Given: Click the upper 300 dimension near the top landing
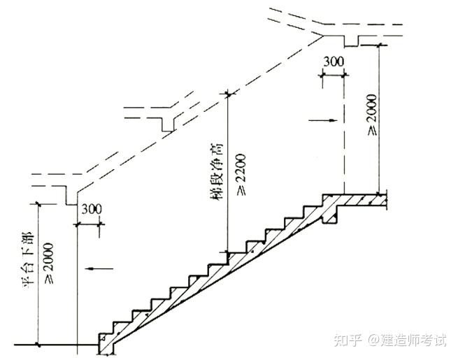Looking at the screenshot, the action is tap(334, 62).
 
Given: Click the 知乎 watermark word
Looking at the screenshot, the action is tap(348, 340).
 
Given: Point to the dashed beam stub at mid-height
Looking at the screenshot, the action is tap(166, 123).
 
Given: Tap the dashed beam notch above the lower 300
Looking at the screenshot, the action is tap(70, 198).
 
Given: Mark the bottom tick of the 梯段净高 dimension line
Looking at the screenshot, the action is tap(227, 252).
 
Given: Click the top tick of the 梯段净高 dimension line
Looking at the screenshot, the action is tap(227, 92).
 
